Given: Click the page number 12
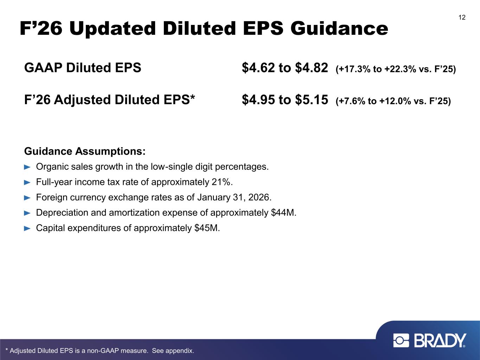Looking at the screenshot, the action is (462, 18).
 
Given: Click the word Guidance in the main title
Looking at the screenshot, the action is (339, 28).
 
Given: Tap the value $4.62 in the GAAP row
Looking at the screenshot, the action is (258, 67).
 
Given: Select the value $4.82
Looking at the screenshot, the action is (312, 67).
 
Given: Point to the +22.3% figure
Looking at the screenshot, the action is (400, 69).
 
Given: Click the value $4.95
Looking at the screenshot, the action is (258, 100).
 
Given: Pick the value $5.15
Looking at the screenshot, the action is (312, 100).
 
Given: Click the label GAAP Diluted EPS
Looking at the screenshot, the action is (83, 67).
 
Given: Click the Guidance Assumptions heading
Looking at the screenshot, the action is (85, 151).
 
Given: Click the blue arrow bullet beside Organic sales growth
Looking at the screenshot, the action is (27, 167).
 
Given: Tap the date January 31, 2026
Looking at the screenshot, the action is (234, 197).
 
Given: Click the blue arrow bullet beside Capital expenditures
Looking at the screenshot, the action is (27, 229).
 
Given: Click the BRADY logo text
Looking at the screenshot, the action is (440, 341).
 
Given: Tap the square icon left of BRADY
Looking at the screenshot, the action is (401, 341).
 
